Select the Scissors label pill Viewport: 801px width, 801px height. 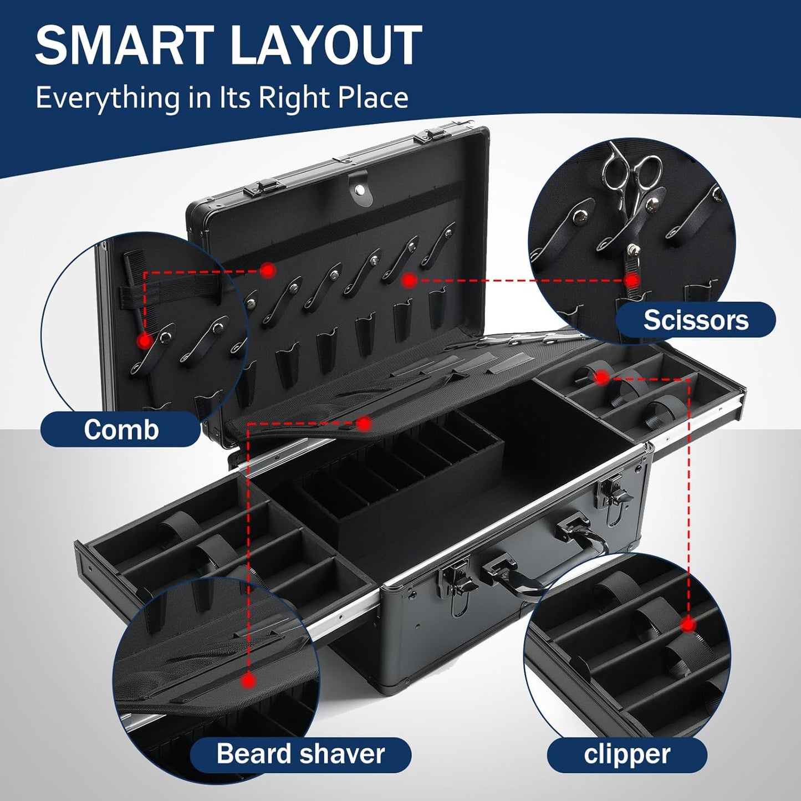(696, 320)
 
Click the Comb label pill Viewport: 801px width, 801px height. (121, 430)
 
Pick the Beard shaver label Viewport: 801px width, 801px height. (300, 754)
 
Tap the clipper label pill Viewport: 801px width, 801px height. (627, 754)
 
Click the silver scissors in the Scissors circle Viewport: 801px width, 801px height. (632, 172)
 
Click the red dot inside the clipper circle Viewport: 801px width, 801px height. (688, 625)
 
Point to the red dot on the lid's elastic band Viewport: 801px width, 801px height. (268, 271)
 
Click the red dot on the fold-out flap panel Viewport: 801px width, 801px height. (364, 424)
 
